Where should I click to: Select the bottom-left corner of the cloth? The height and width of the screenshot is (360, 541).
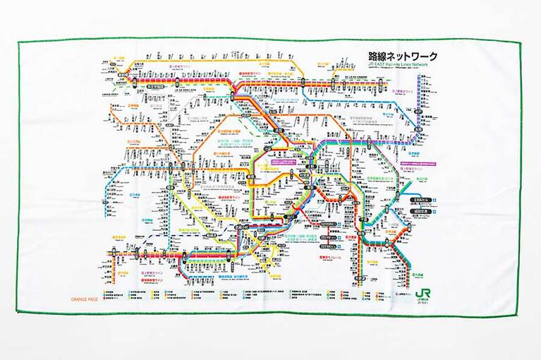click(x=17, y=311)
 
